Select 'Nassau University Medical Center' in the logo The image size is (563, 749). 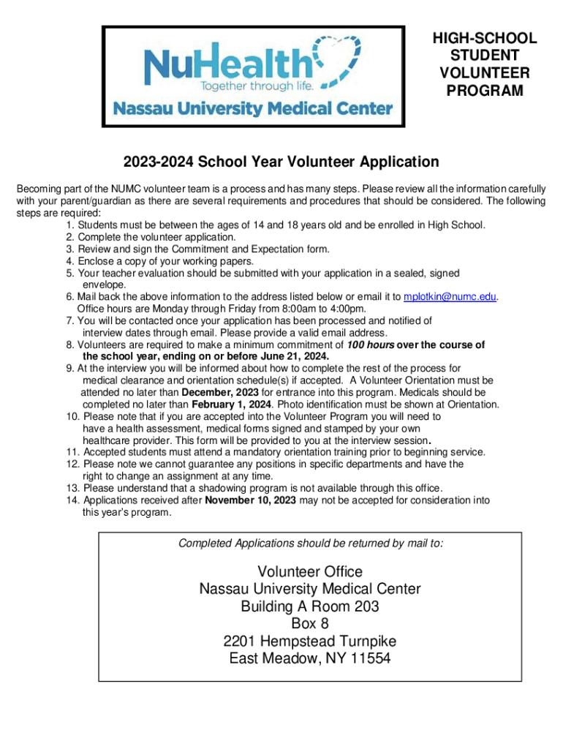click(253, 109)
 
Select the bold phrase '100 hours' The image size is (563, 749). click(371, 345)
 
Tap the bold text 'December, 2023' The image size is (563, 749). click(219, 392)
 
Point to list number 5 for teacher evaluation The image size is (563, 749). click(69, 273)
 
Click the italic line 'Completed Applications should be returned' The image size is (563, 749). click(311, 543)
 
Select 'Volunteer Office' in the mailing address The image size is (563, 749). click(310, 571)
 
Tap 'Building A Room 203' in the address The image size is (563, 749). click(310, 606)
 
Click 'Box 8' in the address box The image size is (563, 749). click(310, 624)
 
